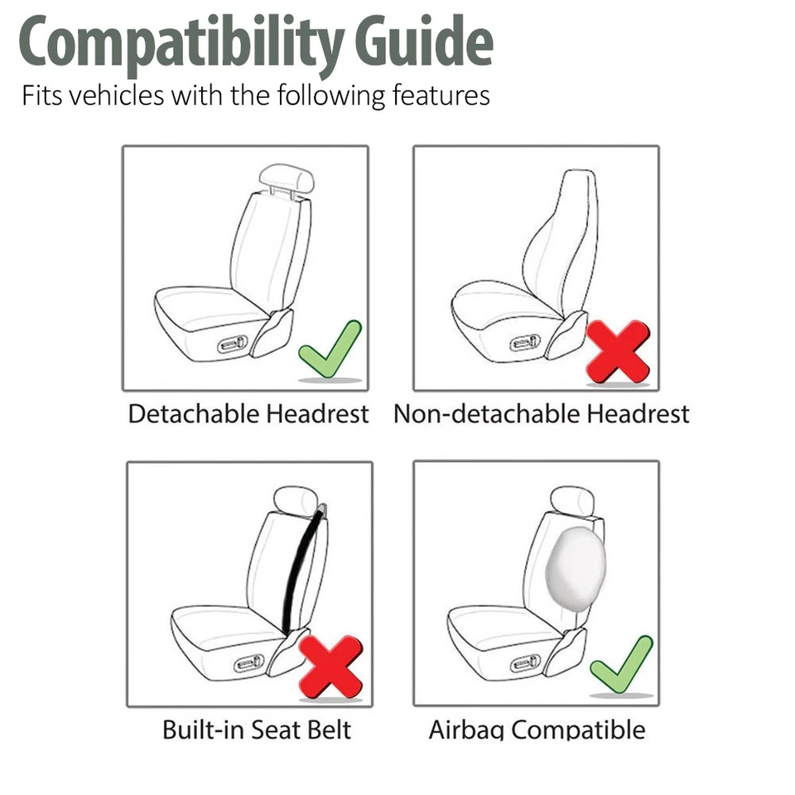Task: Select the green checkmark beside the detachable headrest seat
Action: (x=330, y=349)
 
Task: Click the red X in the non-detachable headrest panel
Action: (x=618, y=351)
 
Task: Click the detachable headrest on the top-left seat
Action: (x=286, y=176)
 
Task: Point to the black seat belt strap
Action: (x=300, y=571)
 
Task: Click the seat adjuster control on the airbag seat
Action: (x=526, y=662)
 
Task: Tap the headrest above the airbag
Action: (x=571, y=499)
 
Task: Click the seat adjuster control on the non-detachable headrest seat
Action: (x=526, y=342)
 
